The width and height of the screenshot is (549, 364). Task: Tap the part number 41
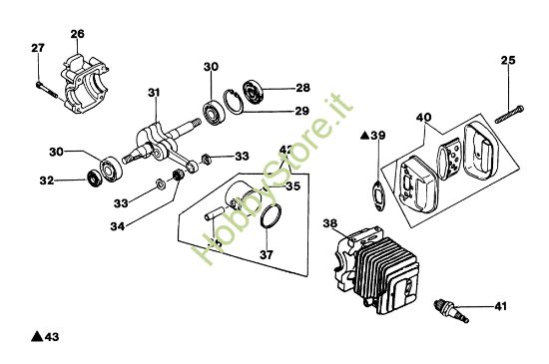(500, 306)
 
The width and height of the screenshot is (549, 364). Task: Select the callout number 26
(78, 35)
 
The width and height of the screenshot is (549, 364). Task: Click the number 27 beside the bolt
(38, 49)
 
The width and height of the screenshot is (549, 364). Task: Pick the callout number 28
(302, 87)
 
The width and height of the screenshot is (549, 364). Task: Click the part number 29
(302, 112)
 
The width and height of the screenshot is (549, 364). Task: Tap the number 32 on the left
(47, 181)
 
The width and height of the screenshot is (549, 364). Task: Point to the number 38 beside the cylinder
(329, 224)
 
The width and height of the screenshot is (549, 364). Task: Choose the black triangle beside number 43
(36, 337)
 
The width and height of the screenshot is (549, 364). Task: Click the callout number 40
(423, 117)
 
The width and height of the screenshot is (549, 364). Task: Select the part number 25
(507, 61)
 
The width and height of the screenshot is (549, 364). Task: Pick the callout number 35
(293, 185)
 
